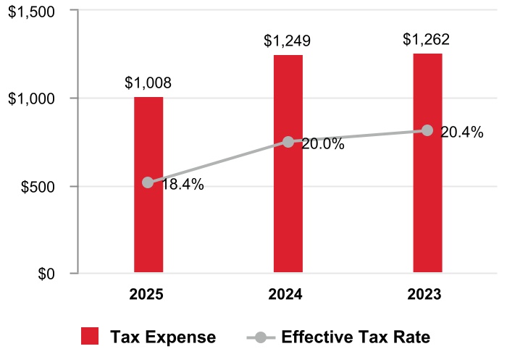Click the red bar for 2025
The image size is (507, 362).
click(148, 232)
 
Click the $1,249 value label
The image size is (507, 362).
click(288, 41)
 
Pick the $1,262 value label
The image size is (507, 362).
click(427, 38)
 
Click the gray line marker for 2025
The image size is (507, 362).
click(148, 182)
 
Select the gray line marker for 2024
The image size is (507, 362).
click(288, 142)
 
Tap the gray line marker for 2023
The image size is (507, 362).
click(427, 130)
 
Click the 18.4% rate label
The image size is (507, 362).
click(183, 185)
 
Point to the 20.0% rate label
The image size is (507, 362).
click(322, 144)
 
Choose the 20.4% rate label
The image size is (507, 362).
click(462, 132)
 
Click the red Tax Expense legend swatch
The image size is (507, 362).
click(90, 337)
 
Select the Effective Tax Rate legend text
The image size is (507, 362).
click(356, 337)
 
